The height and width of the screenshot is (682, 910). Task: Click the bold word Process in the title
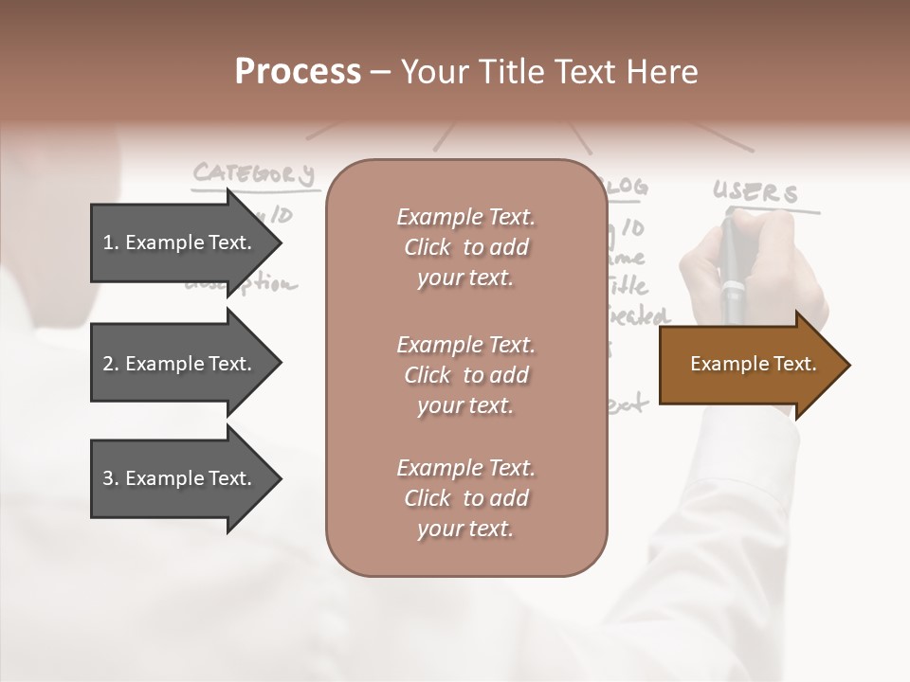(298, 72)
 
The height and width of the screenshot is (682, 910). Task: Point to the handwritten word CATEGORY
(253, 174)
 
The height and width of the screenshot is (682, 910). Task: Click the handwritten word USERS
(755, 193)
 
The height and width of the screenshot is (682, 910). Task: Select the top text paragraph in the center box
(465, 247)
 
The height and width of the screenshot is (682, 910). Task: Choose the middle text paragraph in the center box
(465, 375)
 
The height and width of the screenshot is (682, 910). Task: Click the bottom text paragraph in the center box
(465, 498)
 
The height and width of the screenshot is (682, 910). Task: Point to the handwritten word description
(242, 284)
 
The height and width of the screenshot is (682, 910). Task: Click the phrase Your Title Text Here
(549, 72)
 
